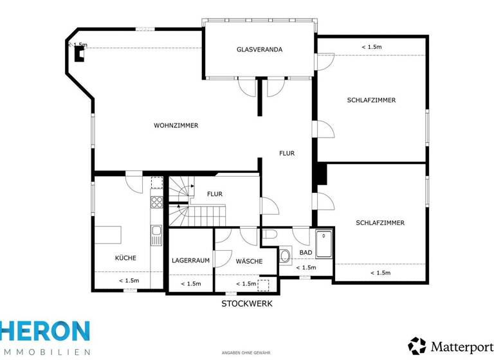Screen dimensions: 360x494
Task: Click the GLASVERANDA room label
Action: click(x=259, y=50)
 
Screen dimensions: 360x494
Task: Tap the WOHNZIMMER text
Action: click(x=176, y=125)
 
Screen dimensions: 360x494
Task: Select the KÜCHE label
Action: click(x=125, y=258)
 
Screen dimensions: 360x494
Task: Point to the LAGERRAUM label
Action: click(x=191, y=261)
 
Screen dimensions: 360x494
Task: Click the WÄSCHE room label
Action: click(x=248, y=261)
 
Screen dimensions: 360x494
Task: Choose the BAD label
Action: click(x=306, y=253)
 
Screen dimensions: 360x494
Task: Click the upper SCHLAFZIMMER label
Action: click(x=371, y=100)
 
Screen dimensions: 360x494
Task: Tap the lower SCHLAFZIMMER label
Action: click(x=380, y=223)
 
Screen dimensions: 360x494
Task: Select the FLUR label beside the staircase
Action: click(x=215, y=194)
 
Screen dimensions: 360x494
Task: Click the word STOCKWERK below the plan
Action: click(x=247, y=303)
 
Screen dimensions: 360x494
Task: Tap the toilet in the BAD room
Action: click(x=285, y=255)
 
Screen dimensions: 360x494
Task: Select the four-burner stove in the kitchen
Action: click(x=156, y=203)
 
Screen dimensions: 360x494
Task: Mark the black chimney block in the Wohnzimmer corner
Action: click(x=79, y=54)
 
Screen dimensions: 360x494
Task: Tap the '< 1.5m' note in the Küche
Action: click(x=129, y=281)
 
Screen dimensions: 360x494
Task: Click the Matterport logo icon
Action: click(x=417, y=346)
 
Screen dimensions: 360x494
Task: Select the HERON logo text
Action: click(x=45, y=332)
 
